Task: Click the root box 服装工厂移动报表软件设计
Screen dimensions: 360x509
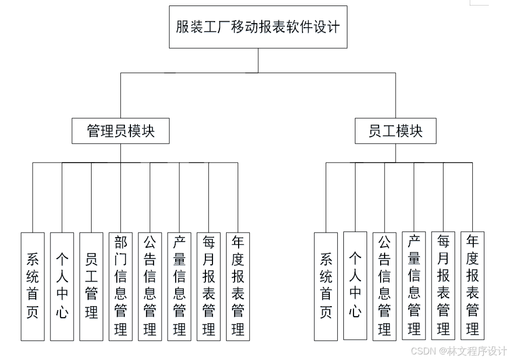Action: click(258, 27)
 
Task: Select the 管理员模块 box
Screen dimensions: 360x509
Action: click(120, 131)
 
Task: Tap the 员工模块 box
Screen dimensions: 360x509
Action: click(395, 131)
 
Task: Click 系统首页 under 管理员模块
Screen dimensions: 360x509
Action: click(32, 286)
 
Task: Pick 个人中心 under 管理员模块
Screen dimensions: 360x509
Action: click(61, 286)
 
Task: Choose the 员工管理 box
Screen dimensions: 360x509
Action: click(91, 286)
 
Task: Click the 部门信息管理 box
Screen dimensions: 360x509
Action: click(120, 286)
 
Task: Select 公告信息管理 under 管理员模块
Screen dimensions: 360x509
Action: click(150, 286)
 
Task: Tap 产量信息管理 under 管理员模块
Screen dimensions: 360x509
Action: click(179, 286)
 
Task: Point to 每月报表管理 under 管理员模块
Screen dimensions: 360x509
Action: click(208, 286)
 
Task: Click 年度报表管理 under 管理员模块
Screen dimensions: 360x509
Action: click(238, 286)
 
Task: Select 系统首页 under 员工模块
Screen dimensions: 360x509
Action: click(326, 286)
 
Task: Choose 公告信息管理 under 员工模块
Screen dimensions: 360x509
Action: click(384, 286)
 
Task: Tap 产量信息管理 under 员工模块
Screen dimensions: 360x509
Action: click(414, 285)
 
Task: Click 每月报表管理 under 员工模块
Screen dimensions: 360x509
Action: click(443, 285)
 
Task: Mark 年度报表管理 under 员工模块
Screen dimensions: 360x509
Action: click(472, 285)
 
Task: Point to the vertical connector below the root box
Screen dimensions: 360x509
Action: click(258, 60)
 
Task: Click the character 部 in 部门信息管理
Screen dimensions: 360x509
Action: click(120, 242)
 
